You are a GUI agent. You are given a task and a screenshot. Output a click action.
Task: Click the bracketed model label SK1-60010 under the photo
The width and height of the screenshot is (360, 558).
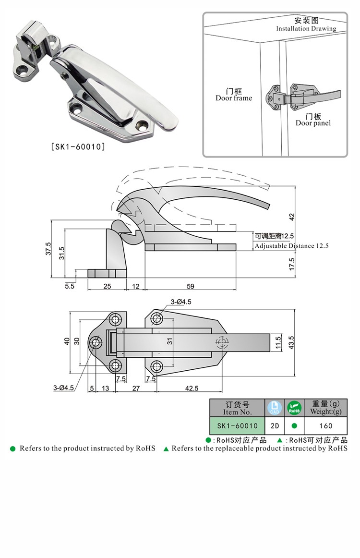click(77, 147)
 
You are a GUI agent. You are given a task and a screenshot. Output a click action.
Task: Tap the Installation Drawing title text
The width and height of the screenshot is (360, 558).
click(306, 28)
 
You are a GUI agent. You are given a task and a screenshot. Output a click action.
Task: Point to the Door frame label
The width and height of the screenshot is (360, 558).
click(233, 98)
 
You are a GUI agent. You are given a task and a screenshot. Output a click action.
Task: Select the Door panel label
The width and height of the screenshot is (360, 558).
click(313, 123)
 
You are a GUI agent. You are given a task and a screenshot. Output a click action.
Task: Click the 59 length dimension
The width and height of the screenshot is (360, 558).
click(190, 286)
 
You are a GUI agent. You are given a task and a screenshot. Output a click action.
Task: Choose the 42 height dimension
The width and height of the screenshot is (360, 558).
click(292, 216)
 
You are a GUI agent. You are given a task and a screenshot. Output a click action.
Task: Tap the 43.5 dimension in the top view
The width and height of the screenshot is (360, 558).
click(292, 342)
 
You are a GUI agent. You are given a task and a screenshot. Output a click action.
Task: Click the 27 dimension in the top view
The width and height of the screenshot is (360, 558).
click(136, 388)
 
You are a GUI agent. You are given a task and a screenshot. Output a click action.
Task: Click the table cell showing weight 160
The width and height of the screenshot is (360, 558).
click(325, 425)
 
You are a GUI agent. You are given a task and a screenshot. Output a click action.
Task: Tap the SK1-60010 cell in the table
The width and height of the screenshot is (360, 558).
click(237, 425)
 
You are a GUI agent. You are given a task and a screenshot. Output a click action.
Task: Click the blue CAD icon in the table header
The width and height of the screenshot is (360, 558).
click(274, 408)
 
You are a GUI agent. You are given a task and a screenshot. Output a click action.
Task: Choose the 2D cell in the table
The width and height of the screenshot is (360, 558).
click(275, 425)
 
